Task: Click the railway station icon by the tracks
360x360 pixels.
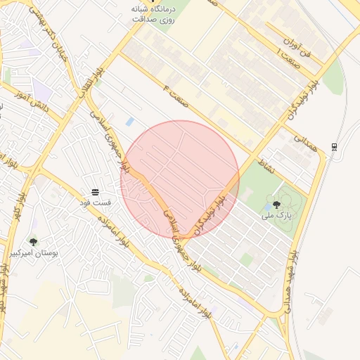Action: point(334,146)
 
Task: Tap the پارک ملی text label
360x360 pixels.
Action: point(276,215)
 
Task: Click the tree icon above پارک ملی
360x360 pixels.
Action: point(276,205)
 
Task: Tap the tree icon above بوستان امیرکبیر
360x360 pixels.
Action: point(33,242)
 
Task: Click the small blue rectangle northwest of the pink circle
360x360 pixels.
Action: point(130,122)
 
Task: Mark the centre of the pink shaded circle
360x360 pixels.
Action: point(180,180)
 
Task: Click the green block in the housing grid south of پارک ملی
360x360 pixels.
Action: point(245,259)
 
